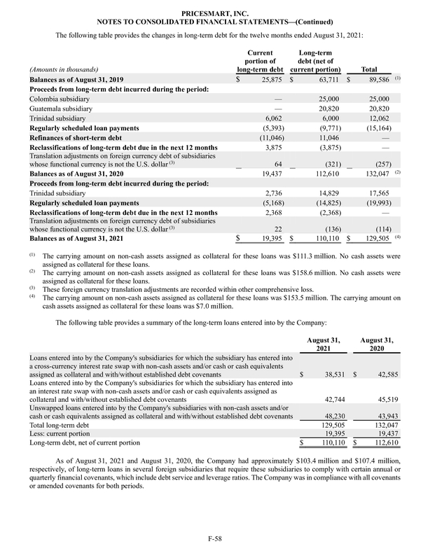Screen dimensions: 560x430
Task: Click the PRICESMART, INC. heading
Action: coord(215,13)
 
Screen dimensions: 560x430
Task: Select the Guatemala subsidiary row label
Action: coord(61,109)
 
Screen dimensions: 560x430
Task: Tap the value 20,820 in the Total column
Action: coord(384,109)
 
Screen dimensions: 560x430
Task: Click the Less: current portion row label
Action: coord(59,434)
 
